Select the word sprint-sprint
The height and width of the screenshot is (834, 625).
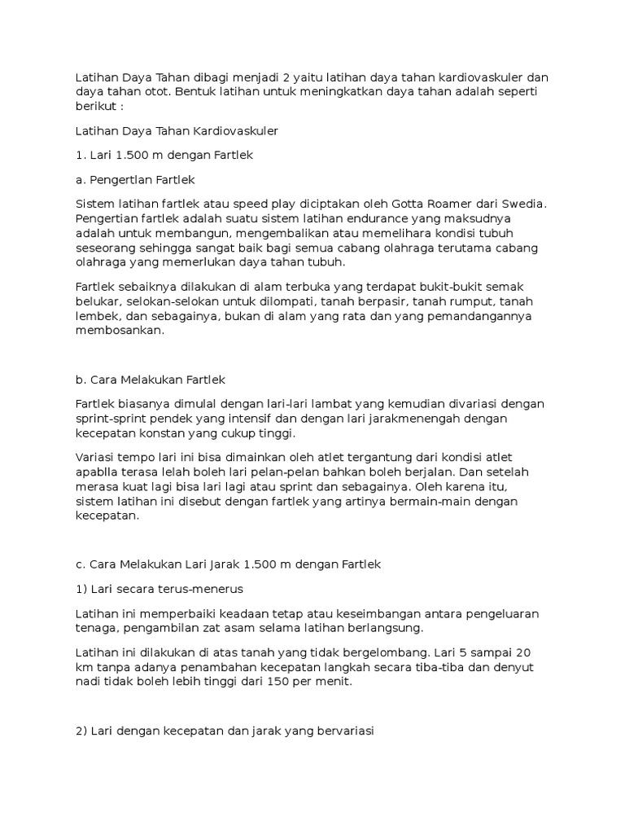[114, 419]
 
